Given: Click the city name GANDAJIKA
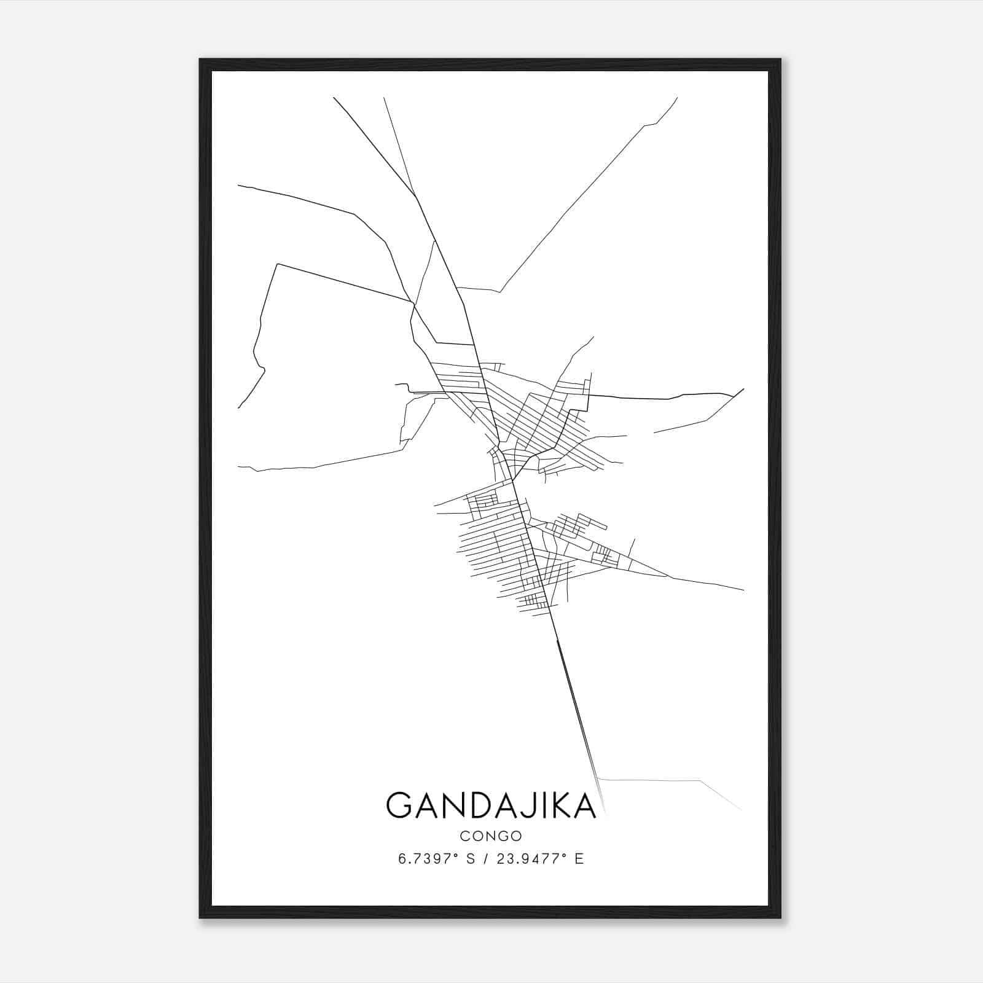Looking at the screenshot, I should [491, 805].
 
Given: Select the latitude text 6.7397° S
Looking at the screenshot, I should [436, 859].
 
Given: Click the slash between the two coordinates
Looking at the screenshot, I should [486, 859].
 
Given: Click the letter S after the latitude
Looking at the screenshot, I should [471, 859].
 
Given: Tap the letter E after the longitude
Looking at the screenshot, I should [579, 859].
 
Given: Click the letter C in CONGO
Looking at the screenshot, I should [464, 836].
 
